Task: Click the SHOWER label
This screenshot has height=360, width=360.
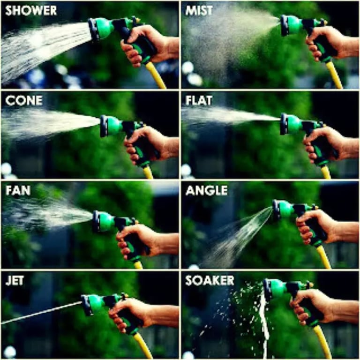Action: point(31,11)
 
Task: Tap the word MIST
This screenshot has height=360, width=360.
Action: point(199,11)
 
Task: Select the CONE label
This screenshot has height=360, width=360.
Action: point(24,100)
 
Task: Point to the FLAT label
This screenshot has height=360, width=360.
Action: point(199,100)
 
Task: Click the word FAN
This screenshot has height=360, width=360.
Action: point(18,190)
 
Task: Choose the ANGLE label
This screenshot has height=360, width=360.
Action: point(207,190)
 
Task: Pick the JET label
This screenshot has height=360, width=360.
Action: point(14,280)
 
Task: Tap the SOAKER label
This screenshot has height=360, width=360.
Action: point(210,280)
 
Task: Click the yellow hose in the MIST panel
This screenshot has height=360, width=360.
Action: point(334,75)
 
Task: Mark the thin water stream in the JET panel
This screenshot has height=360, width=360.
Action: point(41,313)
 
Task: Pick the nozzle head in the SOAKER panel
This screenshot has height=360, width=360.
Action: point(274,289)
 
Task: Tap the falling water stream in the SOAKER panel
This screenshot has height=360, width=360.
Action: point(263,326)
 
